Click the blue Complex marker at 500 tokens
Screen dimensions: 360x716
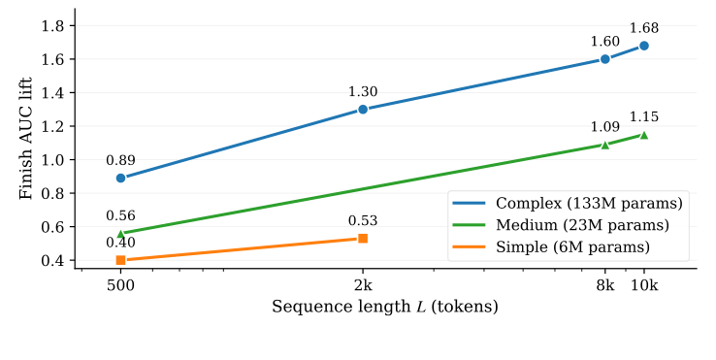(120, 178)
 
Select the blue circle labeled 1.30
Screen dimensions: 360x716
(363, 109)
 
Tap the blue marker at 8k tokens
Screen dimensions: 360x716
(605, 58)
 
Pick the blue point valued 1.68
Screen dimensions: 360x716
(644, 46)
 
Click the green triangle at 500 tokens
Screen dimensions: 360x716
(120, 234)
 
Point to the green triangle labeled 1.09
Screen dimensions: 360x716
(605, 145)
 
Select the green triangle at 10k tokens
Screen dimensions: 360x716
(644, 135)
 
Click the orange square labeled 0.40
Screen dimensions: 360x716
(120, 260)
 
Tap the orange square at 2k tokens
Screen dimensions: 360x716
(363, 238)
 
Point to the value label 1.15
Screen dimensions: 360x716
(644, 117)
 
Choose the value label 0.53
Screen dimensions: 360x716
(363, 220)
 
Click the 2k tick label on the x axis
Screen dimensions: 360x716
(363, 287)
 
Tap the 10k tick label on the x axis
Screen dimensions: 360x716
(644, 287)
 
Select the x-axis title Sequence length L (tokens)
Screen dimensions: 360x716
(385, 307)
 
